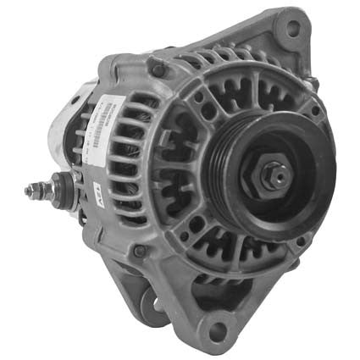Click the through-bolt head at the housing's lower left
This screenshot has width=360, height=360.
(141, 251)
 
